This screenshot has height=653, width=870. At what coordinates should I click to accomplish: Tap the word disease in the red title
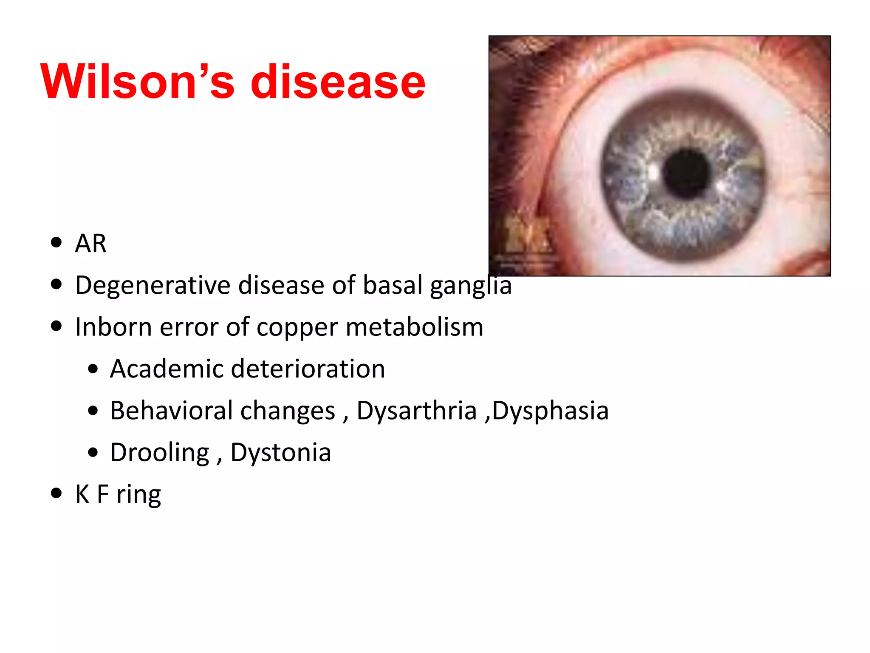point(338,82)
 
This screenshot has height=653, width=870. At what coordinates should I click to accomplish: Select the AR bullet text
point(90,244)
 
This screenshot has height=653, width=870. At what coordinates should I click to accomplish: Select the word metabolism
point(415,327)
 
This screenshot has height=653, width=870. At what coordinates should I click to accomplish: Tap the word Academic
point(166,369)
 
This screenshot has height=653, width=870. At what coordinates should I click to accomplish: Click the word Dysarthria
point(417,411)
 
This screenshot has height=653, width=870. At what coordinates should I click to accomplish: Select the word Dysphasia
point(551,411)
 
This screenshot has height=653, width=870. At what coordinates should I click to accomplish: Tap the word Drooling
point(160,452)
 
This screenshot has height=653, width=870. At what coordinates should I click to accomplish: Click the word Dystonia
point(280,452)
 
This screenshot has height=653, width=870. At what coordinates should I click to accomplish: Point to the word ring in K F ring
point(138,495)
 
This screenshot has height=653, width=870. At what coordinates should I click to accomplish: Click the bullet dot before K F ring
point(56,493)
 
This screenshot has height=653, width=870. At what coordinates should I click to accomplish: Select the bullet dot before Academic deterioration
point(93,369)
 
